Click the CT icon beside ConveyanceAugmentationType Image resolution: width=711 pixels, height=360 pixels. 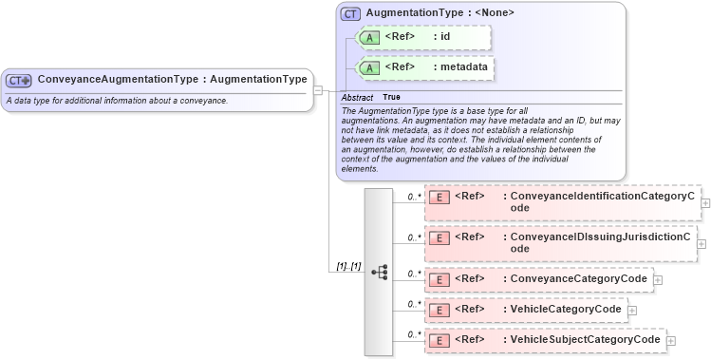[19, 81]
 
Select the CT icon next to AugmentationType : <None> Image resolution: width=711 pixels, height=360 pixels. [350, 14]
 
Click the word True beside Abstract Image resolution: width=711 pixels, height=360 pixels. [391, 97]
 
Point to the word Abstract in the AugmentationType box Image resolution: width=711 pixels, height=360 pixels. [357, 97]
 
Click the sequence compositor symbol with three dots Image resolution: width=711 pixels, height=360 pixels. [380, 272]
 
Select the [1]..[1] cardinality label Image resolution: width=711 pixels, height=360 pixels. [349, 266]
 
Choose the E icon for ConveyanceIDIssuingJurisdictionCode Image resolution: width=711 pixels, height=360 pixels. [440, 237]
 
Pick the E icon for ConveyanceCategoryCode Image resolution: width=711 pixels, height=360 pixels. [440, 279]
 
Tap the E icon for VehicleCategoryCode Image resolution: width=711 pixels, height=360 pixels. [440, 310]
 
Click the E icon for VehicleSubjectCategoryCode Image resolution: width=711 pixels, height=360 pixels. [440, 340]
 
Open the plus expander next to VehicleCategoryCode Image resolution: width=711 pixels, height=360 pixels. [632, 311]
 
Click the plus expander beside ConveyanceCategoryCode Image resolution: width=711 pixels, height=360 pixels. [658, 280]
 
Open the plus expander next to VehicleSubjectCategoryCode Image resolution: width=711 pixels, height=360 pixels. [670, 341]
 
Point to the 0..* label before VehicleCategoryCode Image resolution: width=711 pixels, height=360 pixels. [414, 304]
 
